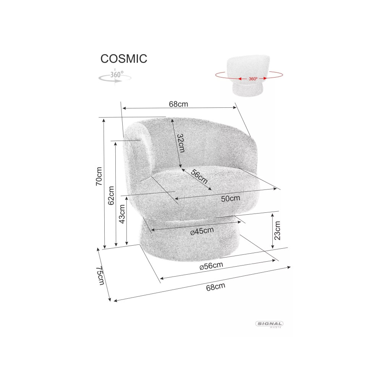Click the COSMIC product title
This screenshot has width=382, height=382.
point(124,59)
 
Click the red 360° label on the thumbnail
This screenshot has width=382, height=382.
point(253,79)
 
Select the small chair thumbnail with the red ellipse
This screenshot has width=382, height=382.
point(249,76)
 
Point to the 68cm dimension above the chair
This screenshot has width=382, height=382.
point(178,104)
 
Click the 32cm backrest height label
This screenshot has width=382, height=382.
point(181,143)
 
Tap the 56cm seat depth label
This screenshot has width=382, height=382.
point(199,176)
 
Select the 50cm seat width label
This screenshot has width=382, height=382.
point(230,199)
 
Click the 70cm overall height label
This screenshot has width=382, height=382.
point(99,176)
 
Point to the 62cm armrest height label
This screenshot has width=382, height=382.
point(111,196)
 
